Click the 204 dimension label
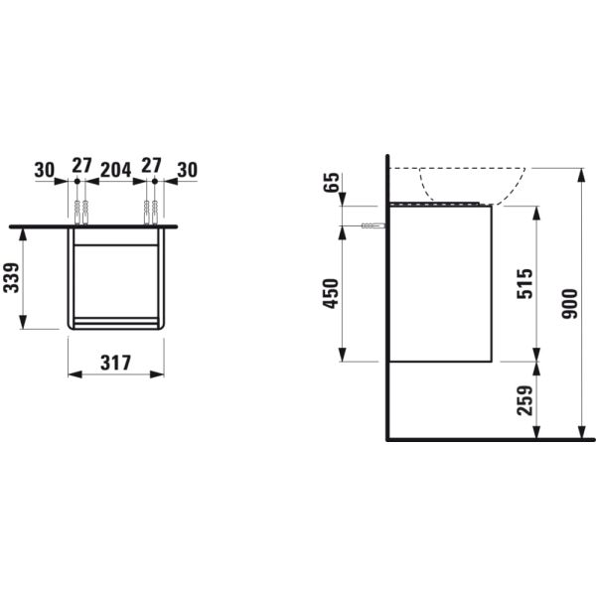[x=117, y=169]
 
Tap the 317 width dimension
[x=116, y=364]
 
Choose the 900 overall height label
[x=569, y=302]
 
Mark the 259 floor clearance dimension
[x=526, y=399]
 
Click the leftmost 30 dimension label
[x=45, y=169]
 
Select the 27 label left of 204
[x=81, y=164]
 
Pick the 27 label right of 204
[x=151, y=164]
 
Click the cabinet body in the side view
[x=439, y=283]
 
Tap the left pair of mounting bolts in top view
[x=80, y=211]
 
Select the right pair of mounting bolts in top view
[x=151, y=211]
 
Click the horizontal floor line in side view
[x=487, y=438]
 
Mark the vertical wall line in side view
[x=387, y=298]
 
